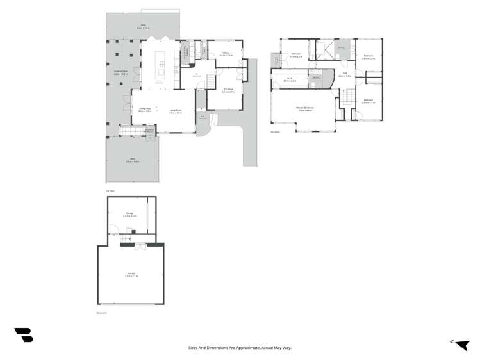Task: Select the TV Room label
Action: pyautogui.click(x=229, y=89)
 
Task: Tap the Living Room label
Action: pyautogui.click(x=176, y=110)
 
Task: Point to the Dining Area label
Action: pyautogui.click(x=145, y=110)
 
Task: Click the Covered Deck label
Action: pyautogui.click(x=120, y=72)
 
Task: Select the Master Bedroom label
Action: pyautogui.click(x=304, y=107)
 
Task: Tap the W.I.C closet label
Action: pyautogui.click(x=290, y=78)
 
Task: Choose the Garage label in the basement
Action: pyautogui.click(x=131, y=273)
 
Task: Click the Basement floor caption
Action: pyautogui.click(x=101, y=313)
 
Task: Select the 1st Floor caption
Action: pyautogui.click(x=110, y=190)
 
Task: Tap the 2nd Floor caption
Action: pyautogui.click(x=275, y=131)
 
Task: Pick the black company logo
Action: pyautogui.click(x=24, y=334)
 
